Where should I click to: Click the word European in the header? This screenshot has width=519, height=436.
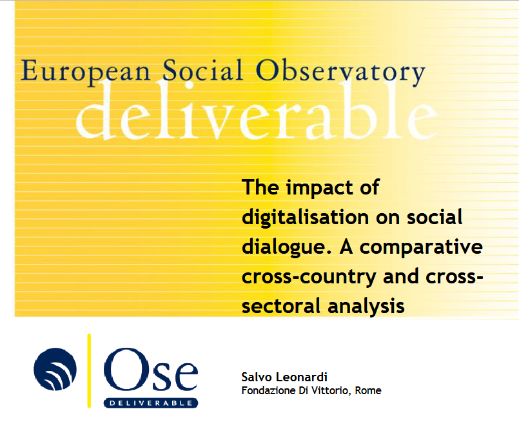pyautogui.click(x=85, y=71)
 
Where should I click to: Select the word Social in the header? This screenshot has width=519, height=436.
pyautogui.click(x=202, y=70)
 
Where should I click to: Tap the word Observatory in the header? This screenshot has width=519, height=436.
pyautogui.click(x=340, y=72)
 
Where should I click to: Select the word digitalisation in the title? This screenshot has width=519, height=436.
pyautogui.click(x=305, y=218)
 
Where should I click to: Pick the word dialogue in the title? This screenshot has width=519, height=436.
pyautogui.click(x=287, y=248)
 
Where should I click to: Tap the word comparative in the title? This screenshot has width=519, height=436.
pyautogui.click(x=421, y=248)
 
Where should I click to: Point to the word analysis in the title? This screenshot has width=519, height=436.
pyautogui.click(x=366, y=307)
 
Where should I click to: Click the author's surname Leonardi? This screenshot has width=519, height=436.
pyautogui.click(x=302, y=377)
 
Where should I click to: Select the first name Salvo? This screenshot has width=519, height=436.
pyautogui.click(x=257, y=377)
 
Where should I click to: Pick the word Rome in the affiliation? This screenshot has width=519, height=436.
pyautogui.click(x=368, y=391)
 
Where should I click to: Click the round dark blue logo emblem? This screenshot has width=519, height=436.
pyautogui.click(x=55, y=369)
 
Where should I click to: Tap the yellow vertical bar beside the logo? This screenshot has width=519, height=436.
pyautogui.click(x=89, y=370)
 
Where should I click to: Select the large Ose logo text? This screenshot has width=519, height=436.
pyautogui.click(x=151, y=370)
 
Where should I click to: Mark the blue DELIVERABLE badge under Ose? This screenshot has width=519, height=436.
pyautogui.click(x=151, y=403)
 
